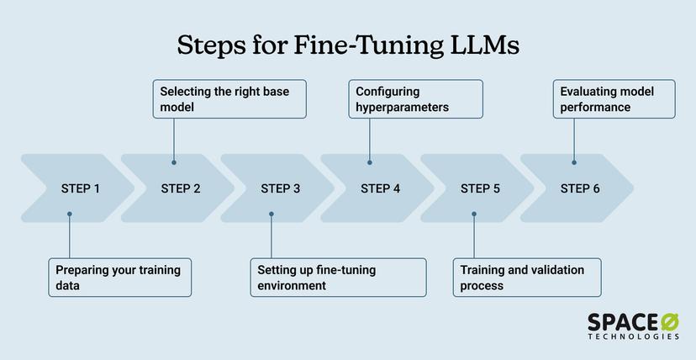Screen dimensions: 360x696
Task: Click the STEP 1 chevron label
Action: point(81,188)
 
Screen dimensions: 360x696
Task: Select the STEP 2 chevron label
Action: point(181,188)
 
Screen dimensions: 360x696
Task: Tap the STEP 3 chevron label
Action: point(281,188)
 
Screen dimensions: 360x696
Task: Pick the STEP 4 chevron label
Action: point(381,188)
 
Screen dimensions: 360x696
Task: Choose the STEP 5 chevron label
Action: point(481,188)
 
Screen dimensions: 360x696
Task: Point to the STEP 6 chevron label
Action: point(581,188)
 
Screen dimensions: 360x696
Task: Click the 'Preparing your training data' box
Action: point(119,278)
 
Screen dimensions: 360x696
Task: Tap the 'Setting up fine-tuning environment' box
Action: point(338,278)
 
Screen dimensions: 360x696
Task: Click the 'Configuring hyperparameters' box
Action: point(415,98)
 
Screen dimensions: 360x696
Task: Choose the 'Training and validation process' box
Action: point(528,278)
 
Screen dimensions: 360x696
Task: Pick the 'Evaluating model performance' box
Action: point(614,98)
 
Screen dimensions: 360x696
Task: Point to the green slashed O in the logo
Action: point(669,320)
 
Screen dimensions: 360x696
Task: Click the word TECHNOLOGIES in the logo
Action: point(633,336)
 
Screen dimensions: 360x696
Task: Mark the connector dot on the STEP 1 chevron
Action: point(70,214)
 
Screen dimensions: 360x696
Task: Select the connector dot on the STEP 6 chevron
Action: point(574,162)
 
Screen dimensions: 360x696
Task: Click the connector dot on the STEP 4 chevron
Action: point(370,162)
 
